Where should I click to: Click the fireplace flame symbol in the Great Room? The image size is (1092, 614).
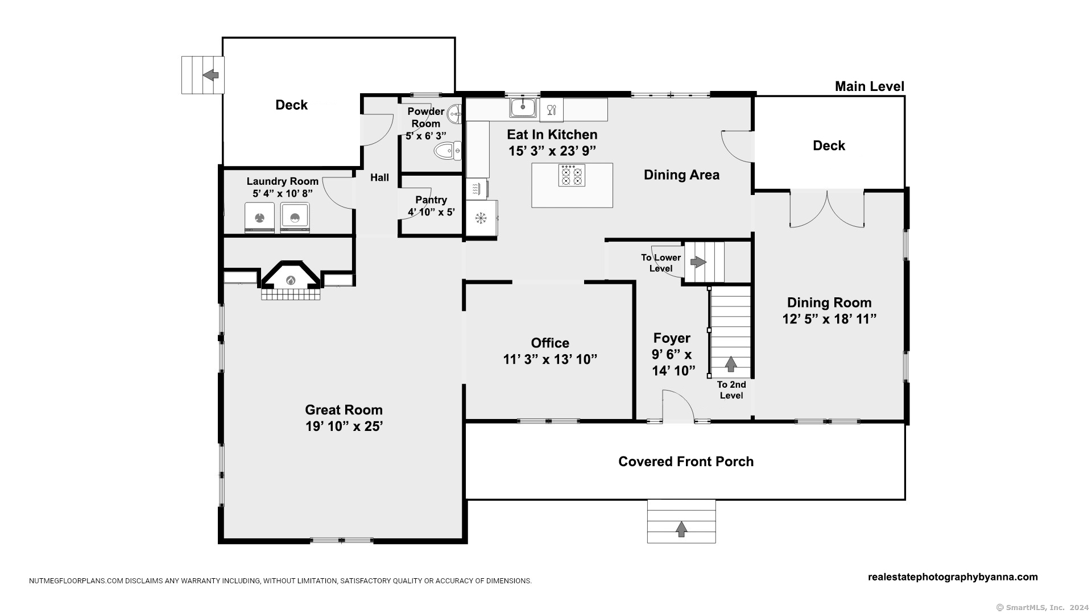point(291,280)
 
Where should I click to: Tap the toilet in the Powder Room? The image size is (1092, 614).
point(448,151)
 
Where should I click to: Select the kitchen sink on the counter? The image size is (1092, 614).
point(523,107)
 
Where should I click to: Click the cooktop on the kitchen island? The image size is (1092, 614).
point(572,175)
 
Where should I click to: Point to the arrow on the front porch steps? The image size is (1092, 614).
point(681,529)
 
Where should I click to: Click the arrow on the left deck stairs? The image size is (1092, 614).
point(210,74)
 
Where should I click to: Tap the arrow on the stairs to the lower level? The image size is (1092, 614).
point(698,262)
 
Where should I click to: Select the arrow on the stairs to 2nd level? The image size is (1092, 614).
point(731,364)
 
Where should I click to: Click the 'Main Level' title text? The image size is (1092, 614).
point(869,86)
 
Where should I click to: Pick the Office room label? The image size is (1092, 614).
point(550,343)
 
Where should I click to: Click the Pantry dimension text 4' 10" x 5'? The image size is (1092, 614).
point(431,213)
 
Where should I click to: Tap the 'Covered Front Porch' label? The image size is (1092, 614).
point(686,462)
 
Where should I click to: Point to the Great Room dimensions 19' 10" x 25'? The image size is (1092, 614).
point(344,426)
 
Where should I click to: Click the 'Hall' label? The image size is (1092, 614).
point(380,177)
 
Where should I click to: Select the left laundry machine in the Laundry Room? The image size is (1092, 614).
point(259,218)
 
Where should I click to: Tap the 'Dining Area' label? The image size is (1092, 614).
point(681,175)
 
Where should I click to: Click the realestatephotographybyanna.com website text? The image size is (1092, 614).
point(953,577)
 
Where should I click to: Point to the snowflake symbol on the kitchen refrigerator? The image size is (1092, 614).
point(481,217)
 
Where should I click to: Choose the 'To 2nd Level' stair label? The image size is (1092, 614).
point(731,390)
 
